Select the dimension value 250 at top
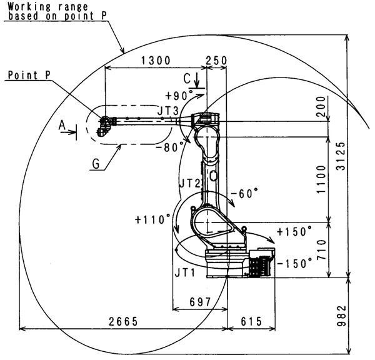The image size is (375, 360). pyautogui.click(x=216, y=61)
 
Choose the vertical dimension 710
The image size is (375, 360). pyautogui.click(x=321, y=249)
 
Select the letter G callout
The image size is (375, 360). pyautogui.click(x=96, y=163)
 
